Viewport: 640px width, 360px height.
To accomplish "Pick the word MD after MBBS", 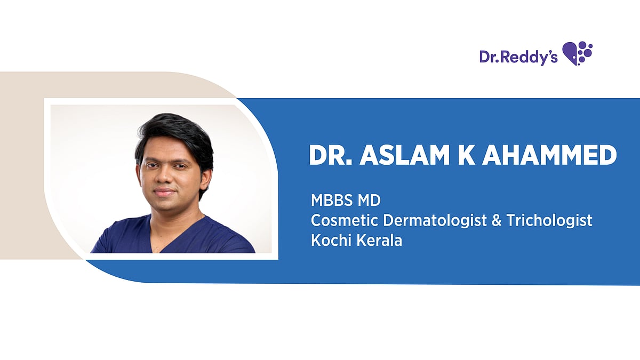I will [370, 202].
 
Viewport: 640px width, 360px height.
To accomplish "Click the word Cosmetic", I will [339, 221].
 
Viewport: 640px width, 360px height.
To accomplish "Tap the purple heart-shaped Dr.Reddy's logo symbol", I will [578, 53].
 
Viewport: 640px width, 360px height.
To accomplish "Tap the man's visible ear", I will [205, 175].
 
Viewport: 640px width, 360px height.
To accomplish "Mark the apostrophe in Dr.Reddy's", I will [548, 52].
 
